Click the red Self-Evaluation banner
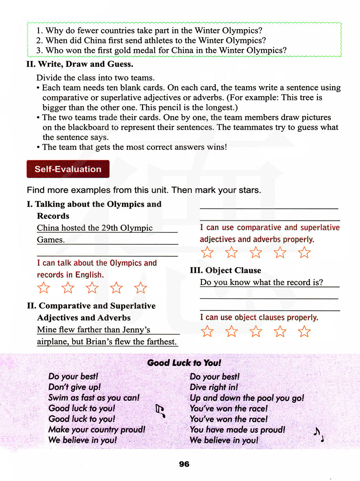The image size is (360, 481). click(68, 169)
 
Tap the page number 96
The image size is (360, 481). click(184, 464)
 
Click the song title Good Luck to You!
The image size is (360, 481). click(184, 363)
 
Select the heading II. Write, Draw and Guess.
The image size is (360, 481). click(80, 64)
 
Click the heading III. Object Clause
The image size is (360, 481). click(226, 270)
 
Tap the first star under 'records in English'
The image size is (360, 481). click(44, 288)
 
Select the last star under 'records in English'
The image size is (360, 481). click(140, 288)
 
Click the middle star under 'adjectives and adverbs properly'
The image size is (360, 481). click(256, 252)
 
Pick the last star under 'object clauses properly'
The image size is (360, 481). click(304, 331)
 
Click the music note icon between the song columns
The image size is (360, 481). click(160, 411)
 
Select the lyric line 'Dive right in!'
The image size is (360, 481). click(214, 387)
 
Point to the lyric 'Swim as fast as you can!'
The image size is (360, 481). click(94, 398)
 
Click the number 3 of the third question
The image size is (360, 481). click(39, 50)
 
